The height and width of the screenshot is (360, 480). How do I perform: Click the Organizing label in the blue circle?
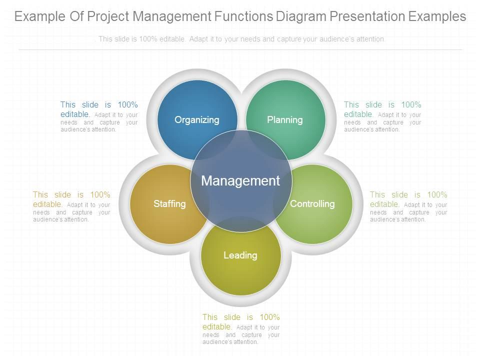point(197,120)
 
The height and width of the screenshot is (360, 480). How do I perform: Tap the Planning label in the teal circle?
point(284,119)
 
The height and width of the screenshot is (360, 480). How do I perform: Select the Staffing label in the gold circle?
point(169,203)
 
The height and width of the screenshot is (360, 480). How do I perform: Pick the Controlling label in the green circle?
point(312,203)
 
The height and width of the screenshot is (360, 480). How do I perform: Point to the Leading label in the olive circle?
point(240,255)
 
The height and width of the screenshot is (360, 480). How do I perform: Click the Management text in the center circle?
point(240,180)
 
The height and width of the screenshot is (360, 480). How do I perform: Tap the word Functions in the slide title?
point(243,16)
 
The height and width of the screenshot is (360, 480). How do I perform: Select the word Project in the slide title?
point(107,16)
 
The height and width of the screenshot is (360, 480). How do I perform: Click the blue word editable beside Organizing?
point(75,114)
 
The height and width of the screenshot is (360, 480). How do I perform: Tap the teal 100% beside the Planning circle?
point(411,104)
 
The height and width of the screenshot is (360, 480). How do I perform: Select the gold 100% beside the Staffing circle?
point(100,194)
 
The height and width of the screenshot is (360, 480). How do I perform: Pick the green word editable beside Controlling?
point(384,204)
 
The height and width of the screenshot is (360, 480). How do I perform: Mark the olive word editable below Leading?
point(217,326)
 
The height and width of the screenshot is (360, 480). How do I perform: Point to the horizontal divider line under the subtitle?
point(240,49)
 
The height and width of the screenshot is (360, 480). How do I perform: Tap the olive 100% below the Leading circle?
point(269,317)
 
